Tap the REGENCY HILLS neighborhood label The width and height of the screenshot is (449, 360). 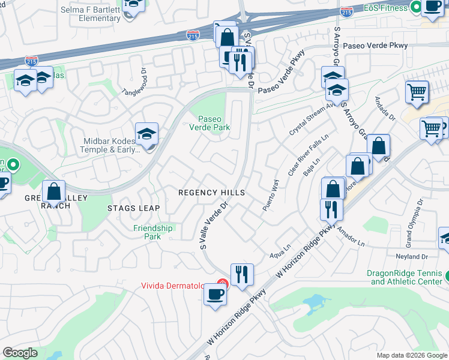[x=211, y=192]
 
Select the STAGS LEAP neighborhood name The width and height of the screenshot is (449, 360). [x=134, y=208]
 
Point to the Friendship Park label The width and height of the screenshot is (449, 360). [x=153, y=232]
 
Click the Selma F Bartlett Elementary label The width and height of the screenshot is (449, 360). [x=91, y=14]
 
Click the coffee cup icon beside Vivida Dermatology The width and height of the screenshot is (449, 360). [x=215, y=295]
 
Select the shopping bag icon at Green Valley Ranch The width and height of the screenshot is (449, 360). [x=54, y=192]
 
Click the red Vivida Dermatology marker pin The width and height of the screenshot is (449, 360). [x=223, y=284]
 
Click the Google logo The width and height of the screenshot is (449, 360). [x=20, y=353]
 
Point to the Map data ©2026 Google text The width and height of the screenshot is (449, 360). [x=411, y=355]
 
